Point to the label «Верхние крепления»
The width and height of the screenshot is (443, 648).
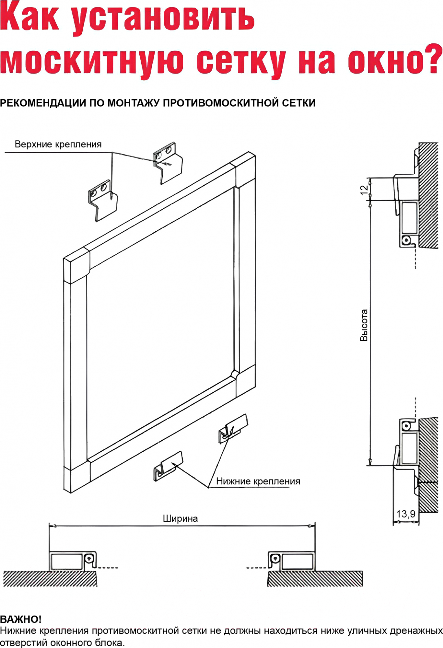click(58, 144)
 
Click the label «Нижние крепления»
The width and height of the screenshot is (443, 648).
click(258, 481)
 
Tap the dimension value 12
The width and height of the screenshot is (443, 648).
click(364, 190)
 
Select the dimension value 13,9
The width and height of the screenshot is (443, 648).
click(406, 514)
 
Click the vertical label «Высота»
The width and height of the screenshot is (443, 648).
click(364, 325)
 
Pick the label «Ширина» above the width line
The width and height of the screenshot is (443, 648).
click(180, 518)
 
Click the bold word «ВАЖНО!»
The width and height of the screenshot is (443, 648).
click(21, 619)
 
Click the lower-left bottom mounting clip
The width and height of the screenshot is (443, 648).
click(168, 466)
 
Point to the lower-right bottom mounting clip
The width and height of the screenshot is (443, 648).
click(233, 428)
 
